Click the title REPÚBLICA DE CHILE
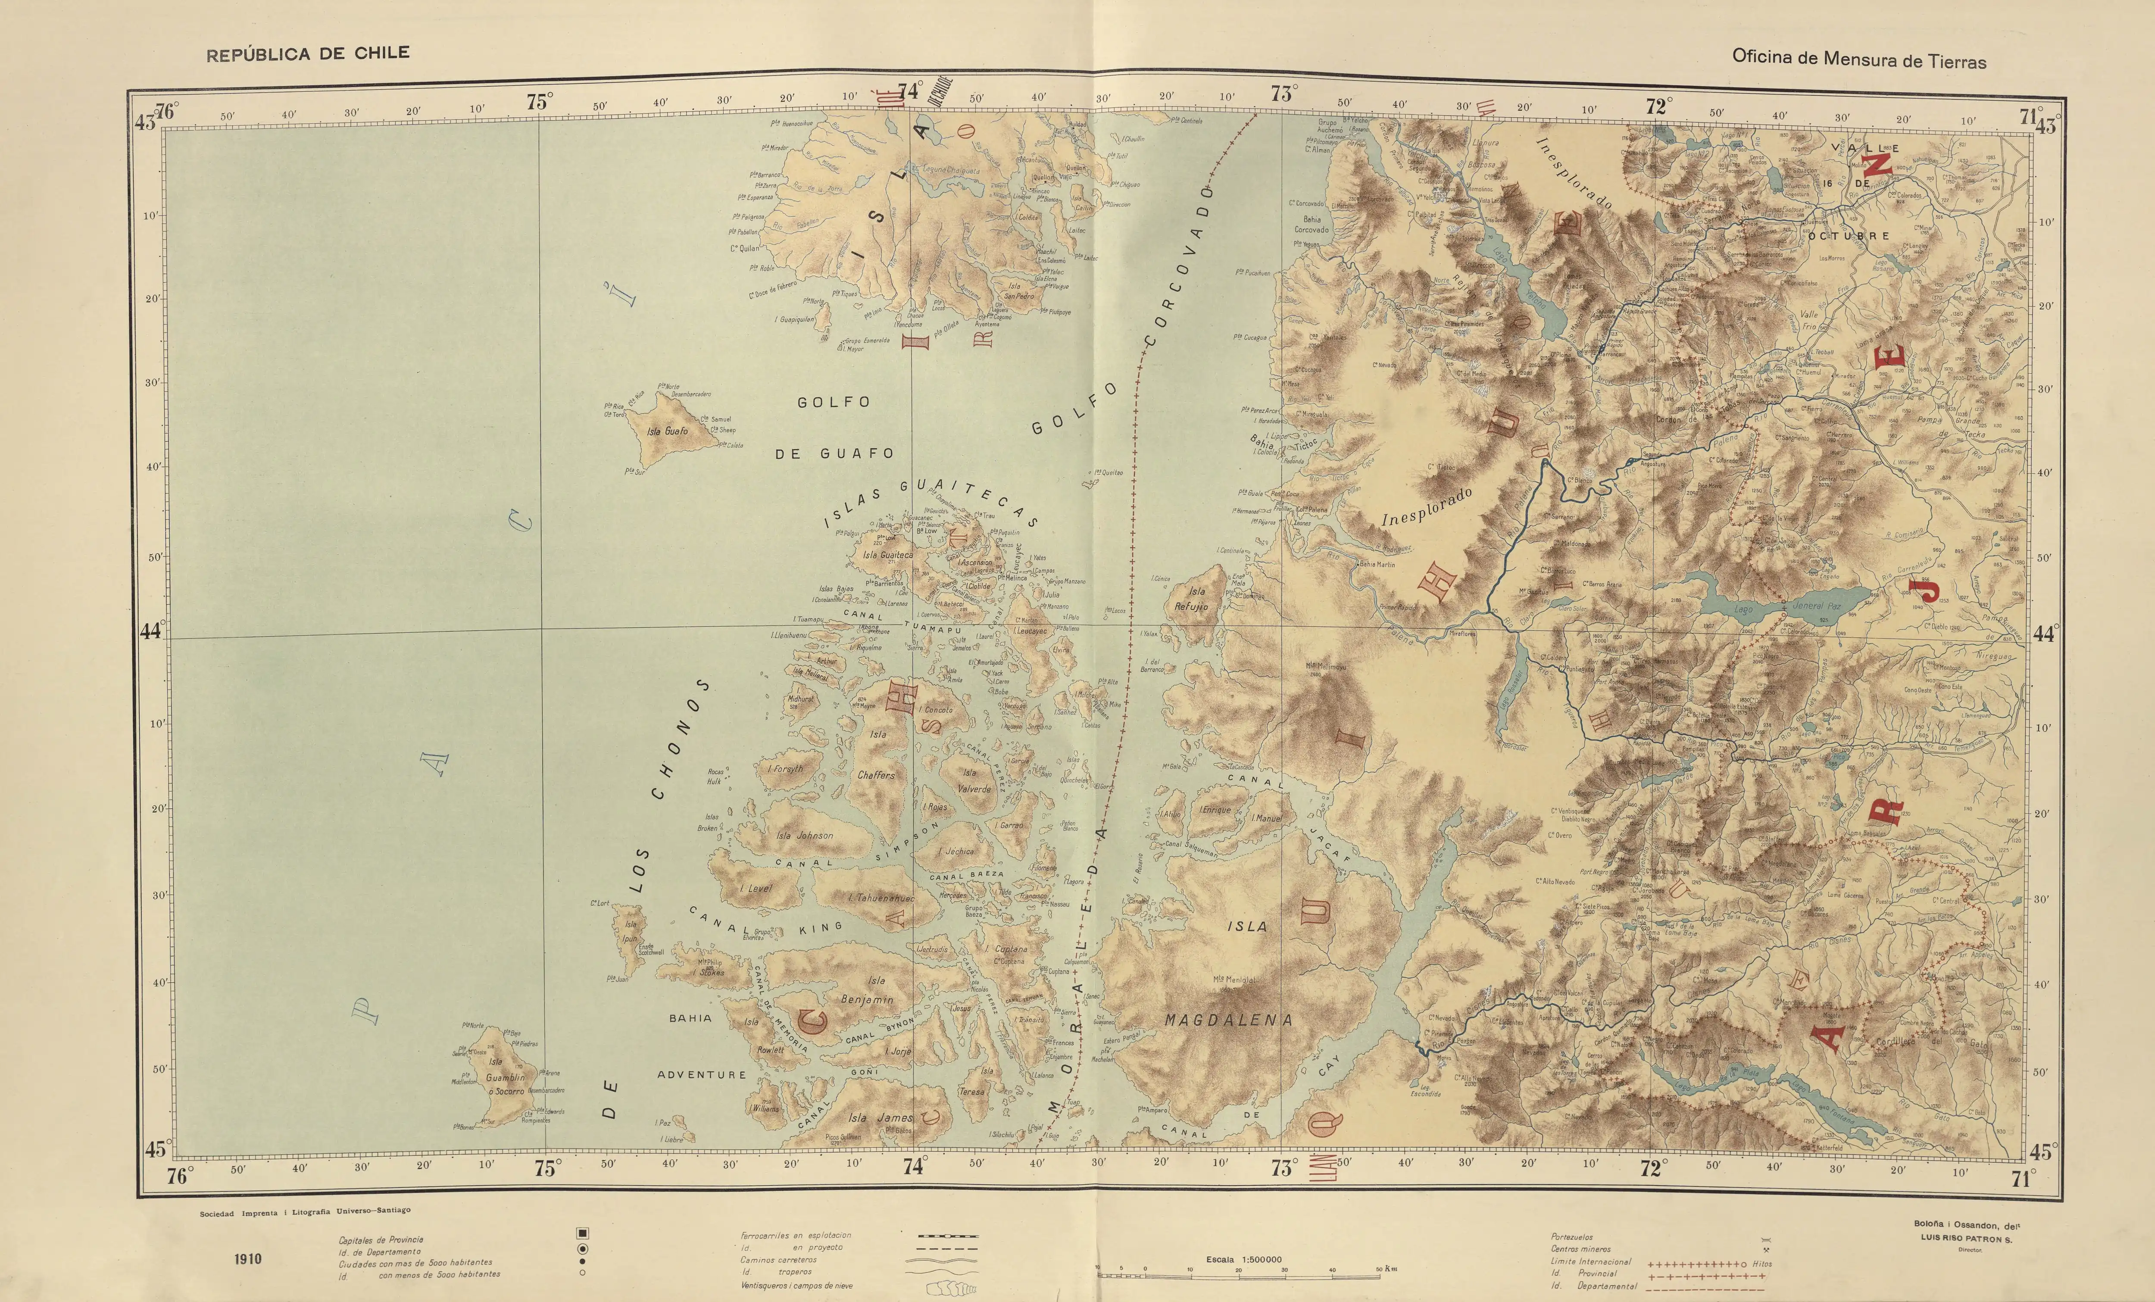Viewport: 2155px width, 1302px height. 307,53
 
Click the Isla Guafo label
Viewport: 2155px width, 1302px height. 667,431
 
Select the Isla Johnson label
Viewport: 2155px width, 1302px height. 805,835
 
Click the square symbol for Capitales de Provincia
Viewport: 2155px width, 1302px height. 582,1233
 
